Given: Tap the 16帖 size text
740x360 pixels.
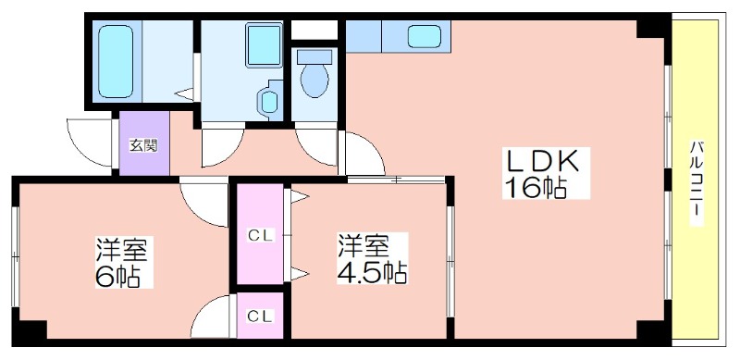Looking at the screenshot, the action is (536, 188).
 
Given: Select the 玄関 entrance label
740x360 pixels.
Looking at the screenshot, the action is (143, 145).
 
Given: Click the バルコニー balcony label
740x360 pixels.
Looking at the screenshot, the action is (696, 182).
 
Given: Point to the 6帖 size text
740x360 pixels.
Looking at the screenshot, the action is (117, 277).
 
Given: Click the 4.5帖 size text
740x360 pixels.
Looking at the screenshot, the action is (372, 272).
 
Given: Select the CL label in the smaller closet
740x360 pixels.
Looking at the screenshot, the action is (261, 316).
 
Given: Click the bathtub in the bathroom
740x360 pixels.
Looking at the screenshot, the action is (117, 61).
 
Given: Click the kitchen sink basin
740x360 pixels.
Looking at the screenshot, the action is (425, 36).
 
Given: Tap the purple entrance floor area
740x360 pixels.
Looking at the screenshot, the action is (144, 143).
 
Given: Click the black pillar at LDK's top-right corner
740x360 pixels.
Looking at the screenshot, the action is (653, 30).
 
